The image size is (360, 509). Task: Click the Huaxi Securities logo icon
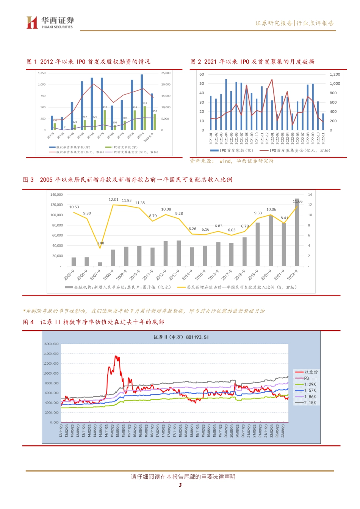point(32,22)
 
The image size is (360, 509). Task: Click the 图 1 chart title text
point(88,62)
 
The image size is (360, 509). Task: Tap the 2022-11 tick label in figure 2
point(323,138)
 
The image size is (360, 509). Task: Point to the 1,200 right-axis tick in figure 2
point(335,75)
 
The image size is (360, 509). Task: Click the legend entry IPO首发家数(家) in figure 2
point(232,151)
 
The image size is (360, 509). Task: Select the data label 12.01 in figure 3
point(113,200)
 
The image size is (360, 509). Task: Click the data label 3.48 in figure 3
point(100,243)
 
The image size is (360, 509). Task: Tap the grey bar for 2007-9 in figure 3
point(100,264)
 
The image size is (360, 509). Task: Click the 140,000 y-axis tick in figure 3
point(56,195)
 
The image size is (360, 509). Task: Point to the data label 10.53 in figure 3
point(74,207)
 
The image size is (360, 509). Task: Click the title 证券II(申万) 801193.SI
point(181,337)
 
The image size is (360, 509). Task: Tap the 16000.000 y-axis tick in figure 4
point(51,344)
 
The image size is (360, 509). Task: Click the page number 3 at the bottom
point(180,485)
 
